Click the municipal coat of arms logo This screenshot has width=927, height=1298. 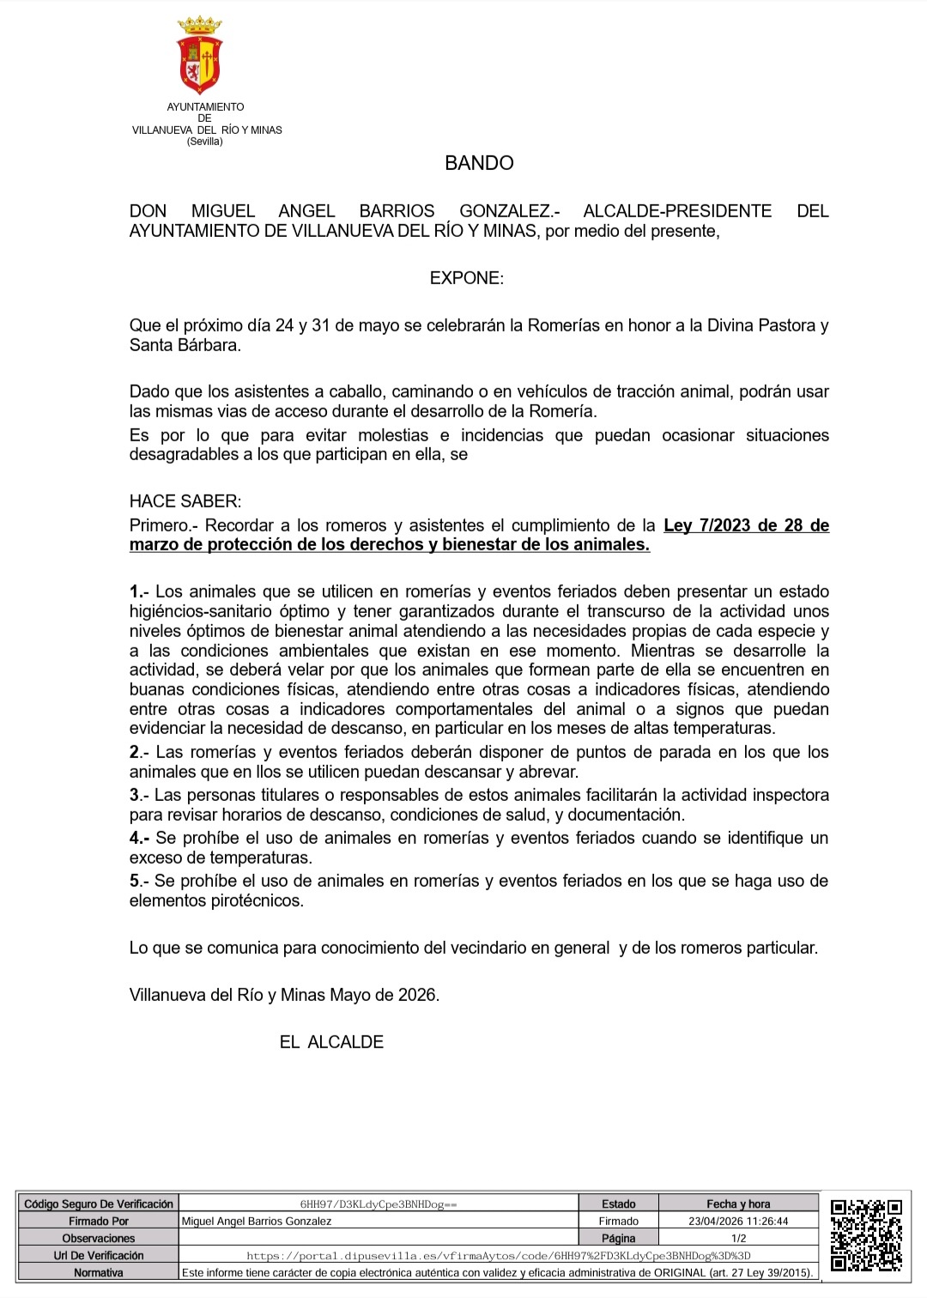coord(199,55)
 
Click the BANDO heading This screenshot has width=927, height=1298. coord(479,163)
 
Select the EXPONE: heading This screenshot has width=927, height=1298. coord(466,278)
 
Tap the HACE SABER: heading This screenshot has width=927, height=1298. coord(185,501)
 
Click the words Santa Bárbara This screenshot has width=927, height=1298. coord(184,345)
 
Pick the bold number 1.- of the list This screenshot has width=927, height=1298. coord(139,591)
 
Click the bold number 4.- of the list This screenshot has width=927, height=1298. coord(140,838)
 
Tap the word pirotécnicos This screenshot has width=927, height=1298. coord(259,901)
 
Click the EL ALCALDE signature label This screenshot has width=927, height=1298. coord(331,1042)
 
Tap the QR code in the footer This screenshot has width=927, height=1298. coord(865,1235)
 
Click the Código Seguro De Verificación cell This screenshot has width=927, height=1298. coord(99,1204)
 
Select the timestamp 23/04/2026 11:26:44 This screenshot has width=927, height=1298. coord(738,1221)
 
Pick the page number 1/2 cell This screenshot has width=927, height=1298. coord(738,1238)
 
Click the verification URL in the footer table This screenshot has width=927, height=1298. coord(498,1255)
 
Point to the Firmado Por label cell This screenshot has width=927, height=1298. coord(99,1221)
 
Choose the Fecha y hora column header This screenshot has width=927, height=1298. coord(738,1204)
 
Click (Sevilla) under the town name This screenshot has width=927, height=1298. coord(204,142)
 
